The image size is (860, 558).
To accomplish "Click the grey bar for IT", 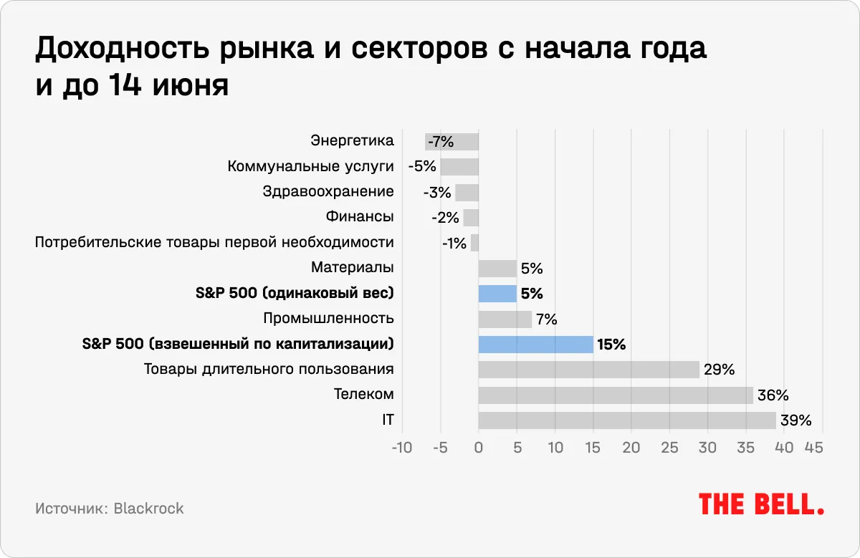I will (627, 420).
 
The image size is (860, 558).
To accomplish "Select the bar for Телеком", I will (616, 395).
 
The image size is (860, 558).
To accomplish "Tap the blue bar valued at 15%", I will (535, 345).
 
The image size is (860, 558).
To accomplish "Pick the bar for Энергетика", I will (452, 141).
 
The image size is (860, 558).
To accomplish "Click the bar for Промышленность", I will (505, 319).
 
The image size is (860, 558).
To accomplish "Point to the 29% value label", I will (719, 370).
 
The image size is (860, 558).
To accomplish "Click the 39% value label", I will (795, 420).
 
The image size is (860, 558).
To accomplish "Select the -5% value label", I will (422, 167).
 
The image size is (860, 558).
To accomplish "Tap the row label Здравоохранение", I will (328, 191).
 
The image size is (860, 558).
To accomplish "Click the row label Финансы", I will (360, 216).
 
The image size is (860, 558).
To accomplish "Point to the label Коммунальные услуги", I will (310, 166).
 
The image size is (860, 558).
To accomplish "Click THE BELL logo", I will (761, 504).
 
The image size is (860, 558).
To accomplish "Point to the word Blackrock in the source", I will (148, 509).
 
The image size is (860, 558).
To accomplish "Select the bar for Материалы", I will (497, 268).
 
